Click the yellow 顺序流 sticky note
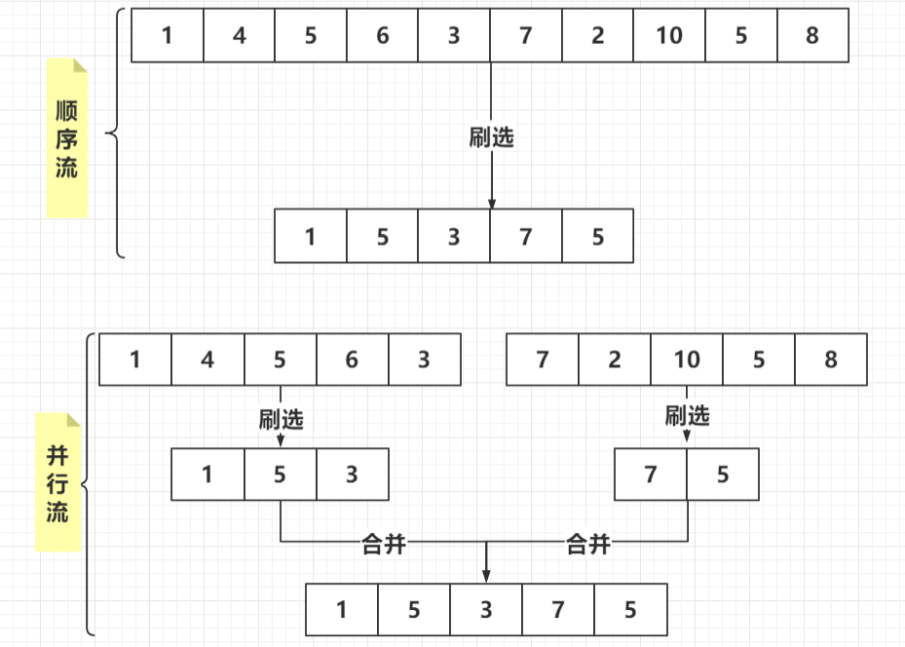click(66, 137)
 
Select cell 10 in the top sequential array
click(669, 36)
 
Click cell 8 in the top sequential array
click(812, 36)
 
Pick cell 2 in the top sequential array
click(597, 36)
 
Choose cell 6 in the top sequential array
click(382, 36)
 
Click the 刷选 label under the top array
click(491, 137)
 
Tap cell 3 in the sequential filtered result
click(454, 236)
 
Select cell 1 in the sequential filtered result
click(311, 236)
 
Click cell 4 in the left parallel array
click(207, 360)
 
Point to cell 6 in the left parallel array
click(352, 360)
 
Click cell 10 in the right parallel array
click(687, 360)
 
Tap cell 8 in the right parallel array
click(831, 360)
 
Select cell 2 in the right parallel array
click(615, 360)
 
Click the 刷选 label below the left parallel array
click(281, 419)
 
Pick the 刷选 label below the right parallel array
click(687, 416)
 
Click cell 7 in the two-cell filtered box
click(651, 475)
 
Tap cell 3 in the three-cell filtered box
click(352, 475)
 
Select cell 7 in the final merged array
click(558, 610)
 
